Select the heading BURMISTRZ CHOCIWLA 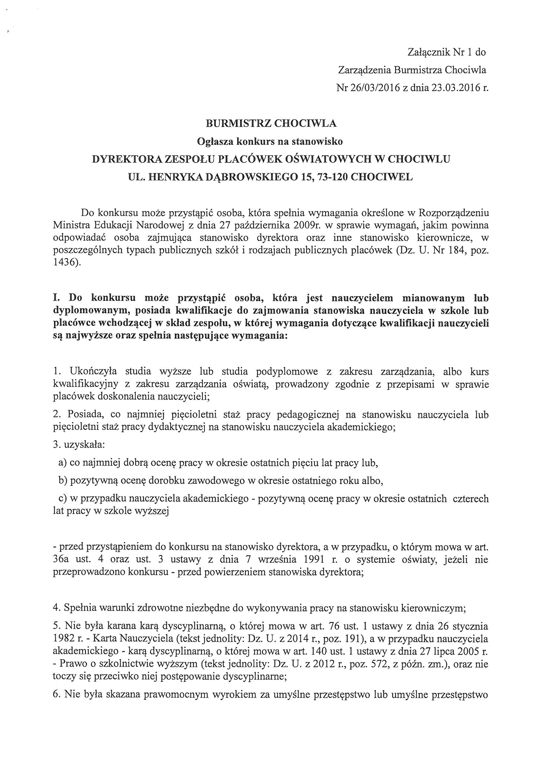(271, 124)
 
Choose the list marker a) (62, 463)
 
